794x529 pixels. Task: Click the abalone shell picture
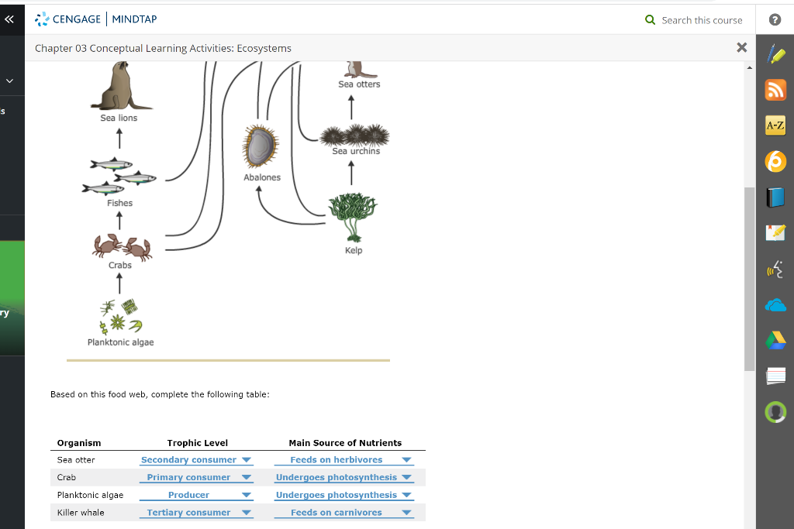click(261, 147)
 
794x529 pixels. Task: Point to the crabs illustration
click(122, 246)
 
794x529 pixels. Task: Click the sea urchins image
click(355, 135)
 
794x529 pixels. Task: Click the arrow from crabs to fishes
click(119, 221)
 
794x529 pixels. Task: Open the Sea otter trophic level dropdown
click(196, 460)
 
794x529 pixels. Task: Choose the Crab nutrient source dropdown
click(343, 478)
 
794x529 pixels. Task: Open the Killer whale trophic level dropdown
click(196, 513)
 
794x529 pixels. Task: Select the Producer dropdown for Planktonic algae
click(196, 495)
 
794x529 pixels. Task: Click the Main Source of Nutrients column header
click(345, 443)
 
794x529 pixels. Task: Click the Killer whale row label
click(81, 513)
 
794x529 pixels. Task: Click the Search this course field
click(701, 20)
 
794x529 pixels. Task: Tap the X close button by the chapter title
click(741, 48)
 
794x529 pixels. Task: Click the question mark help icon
click(775, 20)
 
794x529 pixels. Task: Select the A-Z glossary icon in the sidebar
click(775, 125)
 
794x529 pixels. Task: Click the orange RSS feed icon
click(775, 90)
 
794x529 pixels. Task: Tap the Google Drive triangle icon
click(775, 340)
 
